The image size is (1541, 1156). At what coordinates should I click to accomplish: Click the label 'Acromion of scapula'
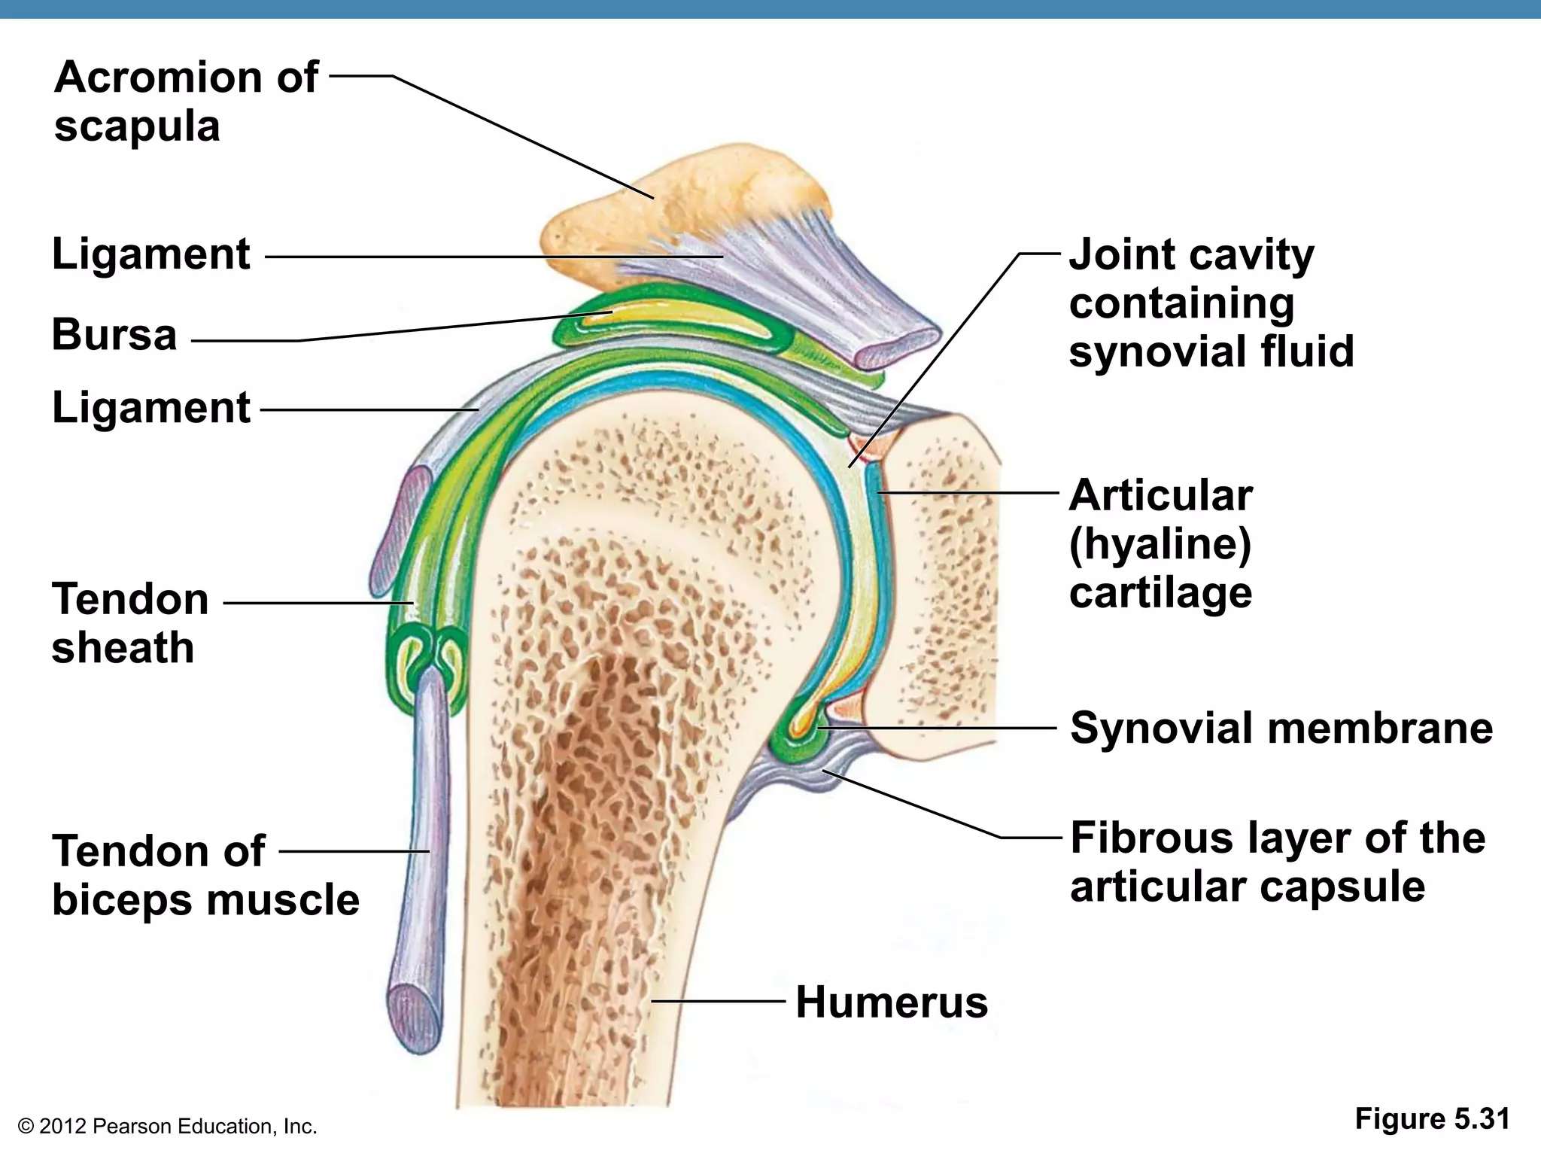pos(186,101)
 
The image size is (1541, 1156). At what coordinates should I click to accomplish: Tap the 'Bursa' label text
pos(114,334)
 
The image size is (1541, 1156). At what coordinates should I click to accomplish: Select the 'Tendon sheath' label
pos(129,623)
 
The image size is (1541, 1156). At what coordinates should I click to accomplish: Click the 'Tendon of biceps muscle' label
pos(205,875)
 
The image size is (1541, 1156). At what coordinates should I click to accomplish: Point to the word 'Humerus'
pos(892,1002)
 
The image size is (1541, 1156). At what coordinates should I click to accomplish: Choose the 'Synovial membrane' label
pos(1281,728)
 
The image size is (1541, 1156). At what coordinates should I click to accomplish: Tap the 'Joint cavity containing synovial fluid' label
pos(1211,303)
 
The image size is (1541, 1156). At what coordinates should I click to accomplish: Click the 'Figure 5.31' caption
pos(1432,1119)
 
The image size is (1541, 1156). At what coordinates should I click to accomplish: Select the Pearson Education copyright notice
pos(167,1127)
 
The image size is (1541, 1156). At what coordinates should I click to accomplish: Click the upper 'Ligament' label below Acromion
pos(150,254)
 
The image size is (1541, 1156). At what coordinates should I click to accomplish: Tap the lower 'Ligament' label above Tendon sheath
pos(150,408)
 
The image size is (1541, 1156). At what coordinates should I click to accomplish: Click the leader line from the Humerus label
pos(719,1001)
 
